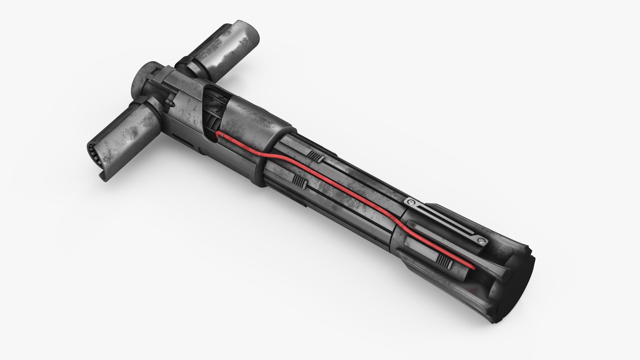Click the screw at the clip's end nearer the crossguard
click(x=411, y=202)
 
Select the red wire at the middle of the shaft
click(x=333, y=193)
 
